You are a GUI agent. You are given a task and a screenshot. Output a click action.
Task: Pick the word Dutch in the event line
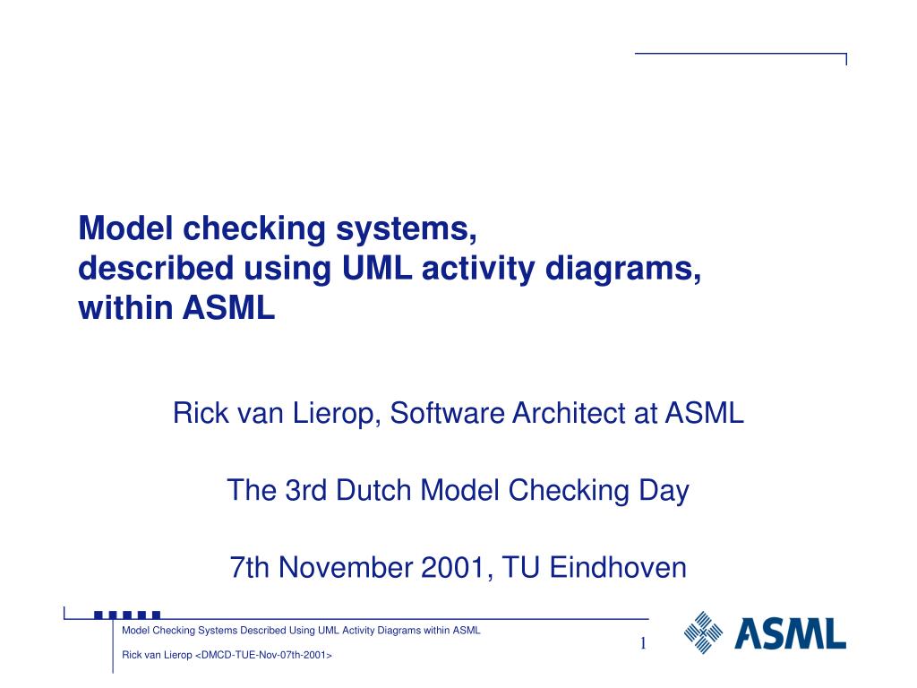tap(375, 490)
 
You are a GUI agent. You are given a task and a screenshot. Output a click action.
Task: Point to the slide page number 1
tap(642, 645)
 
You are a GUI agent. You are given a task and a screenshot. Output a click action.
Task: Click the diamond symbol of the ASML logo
tap(703, 632)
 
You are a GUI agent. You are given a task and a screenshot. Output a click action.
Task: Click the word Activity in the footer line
tap(363, 630)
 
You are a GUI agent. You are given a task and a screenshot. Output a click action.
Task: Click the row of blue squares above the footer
tap(127, 615)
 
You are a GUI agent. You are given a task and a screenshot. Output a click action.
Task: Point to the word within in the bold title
tap(126, 309)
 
